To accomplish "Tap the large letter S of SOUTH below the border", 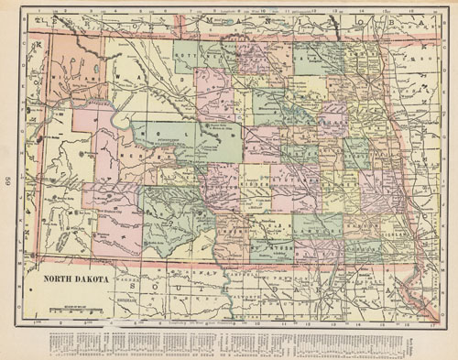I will tap(135, 288).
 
